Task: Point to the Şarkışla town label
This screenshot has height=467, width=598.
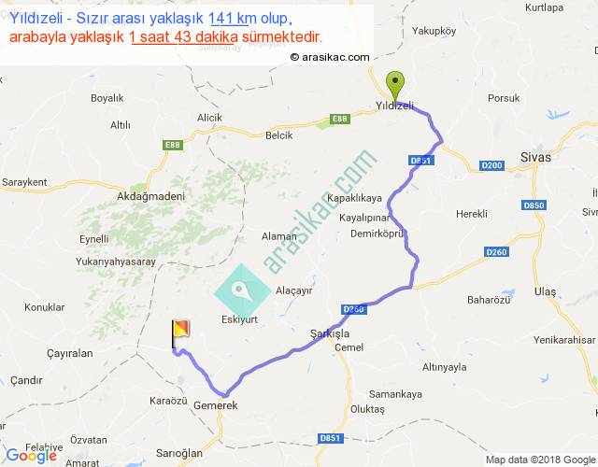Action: (x=329, y=333)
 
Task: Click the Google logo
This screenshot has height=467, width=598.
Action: (x=31, y=456)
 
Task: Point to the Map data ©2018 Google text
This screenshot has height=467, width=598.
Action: (x=540, y=460)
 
